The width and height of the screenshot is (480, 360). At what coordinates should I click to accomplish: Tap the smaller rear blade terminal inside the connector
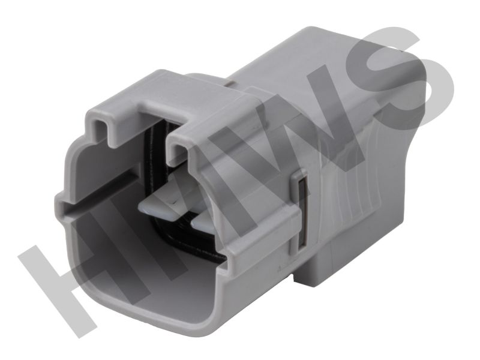click(203, 226)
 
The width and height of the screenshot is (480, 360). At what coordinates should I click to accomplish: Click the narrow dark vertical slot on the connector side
click(302, 211)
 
